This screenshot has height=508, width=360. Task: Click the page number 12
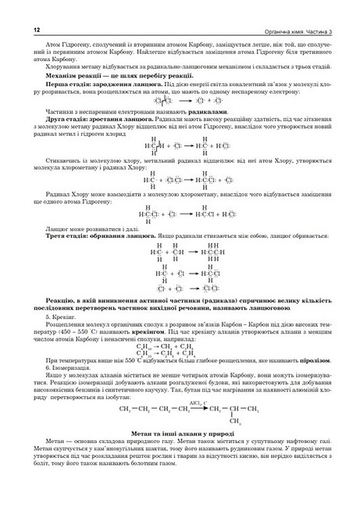pyautogui.click(x=15, y=29)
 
